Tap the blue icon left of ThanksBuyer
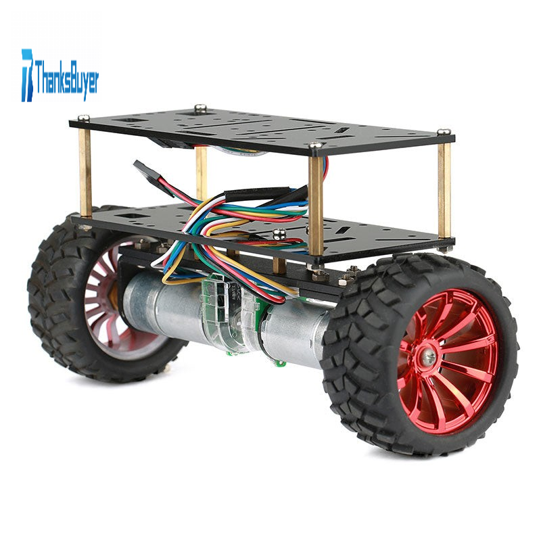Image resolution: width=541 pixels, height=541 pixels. [27, 75]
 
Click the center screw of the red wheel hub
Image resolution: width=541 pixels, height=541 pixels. [429, 358]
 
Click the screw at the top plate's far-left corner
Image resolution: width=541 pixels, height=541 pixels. [83, 118]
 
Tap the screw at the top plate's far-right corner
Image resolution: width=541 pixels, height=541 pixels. [444, 132]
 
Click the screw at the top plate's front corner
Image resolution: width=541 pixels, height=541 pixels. [315, 145]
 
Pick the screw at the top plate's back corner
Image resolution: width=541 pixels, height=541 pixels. [200, 108]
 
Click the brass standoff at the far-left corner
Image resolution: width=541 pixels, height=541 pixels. [85, 172]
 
